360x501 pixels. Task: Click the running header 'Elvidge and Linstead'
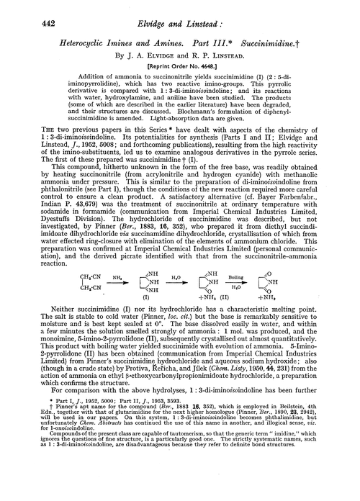pyautogui.click(x=180, y=9)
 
